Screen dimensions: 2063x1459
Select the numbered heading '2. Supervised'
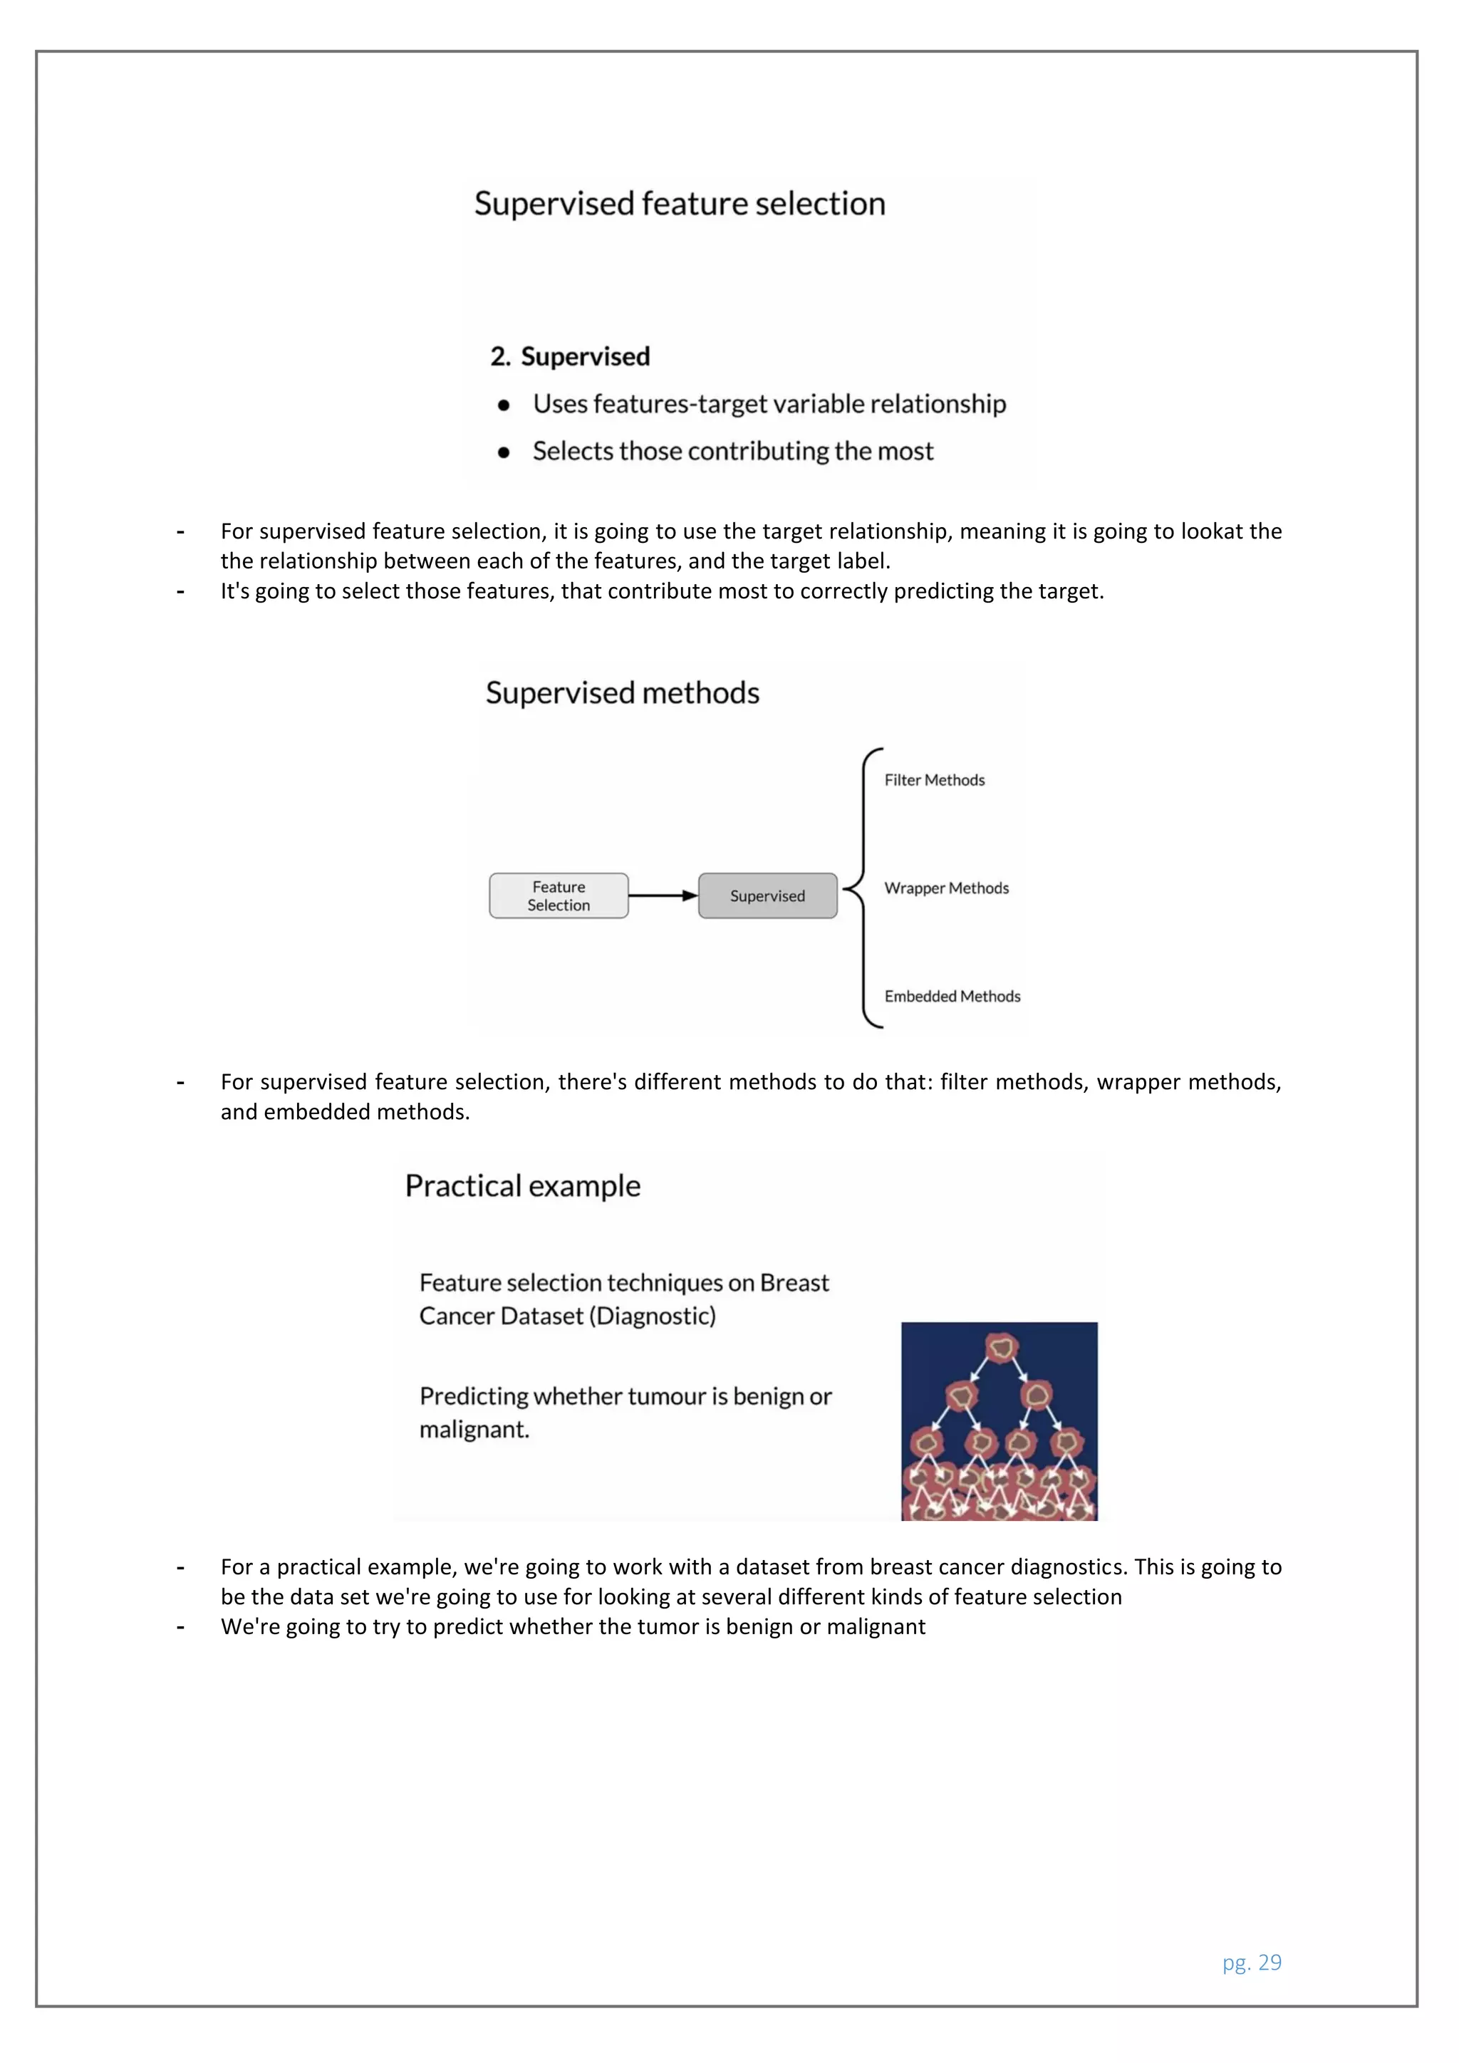tap(570, 357)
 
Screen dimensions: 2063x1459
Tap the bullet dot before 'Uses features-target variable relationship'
tap(504, 405)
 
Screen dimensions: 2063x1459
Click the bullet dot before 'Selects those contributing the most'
tap(504, 452)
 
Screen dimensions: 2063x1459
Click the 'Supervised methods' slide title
tap(622, 692)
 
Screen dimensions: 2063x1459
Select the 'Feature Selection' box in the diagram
tap(558, 896)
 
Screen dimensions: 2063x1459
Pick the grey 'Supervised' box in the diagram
tap(767, 896)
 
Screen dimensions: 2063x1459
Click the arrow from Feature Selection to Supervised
tap(663, 896)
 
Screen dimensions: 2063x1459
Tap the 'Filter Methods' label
tap(935, 780)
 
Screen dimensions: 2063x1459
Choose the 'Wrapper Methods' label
tap(946, 888)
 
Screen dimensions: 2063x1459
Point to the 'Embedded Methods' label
tap(952, 997)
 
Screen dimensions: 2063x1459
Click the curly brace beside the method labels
tap(863, 888)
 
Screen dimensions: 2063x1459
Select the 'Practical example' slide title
tap(523, 1186)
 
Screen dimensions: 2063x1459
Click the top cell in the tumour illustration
tap(1000, 1347)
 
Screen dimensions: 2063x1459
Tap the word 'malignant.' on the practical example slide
tap(474, 1430)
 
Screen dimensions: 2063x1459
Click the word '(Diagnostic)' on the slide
tap(653, 1316)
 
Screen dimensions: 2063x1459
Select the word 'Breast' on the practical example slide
tap(794, 1283)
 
